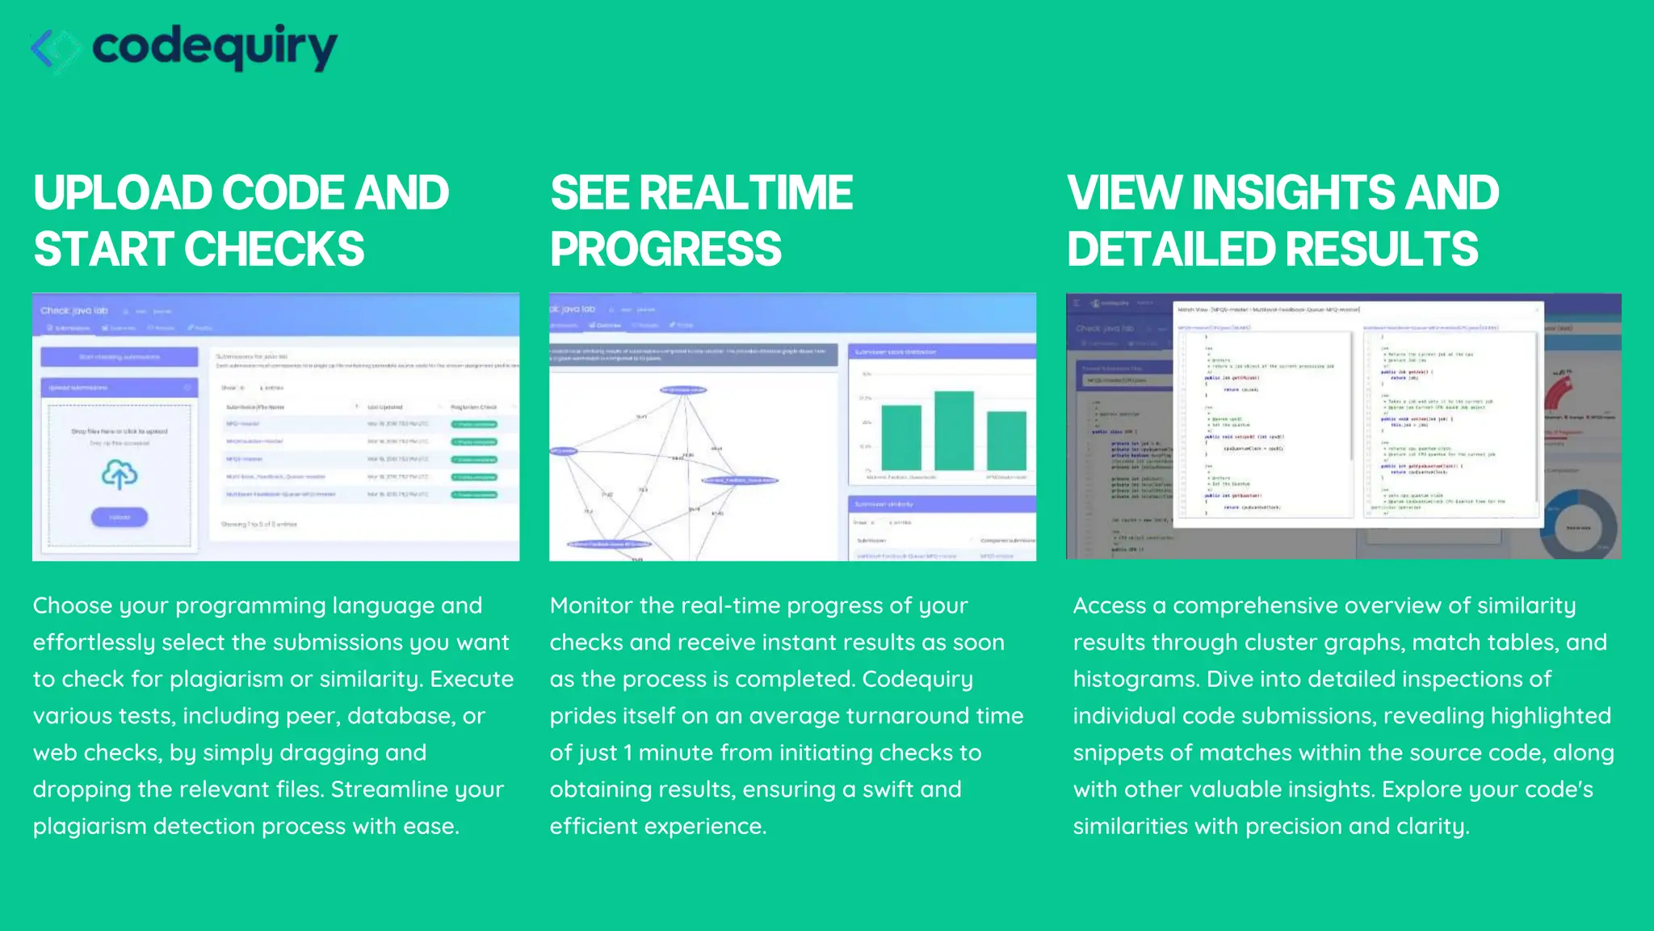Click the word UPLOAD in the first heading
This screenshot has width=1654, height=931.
coord(122,193)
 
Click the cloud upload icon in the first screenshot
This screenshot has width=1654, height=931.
coord(120,474)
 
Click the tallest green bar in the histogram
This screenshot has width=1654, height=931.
coord(954,431)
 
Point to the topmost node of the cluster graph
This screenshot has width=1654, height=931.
coord(683,390)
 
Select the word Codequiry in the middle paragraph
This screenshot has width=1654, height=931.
coord(917,679)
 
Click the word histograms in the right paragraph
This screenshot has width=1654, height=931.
coord(1136,679)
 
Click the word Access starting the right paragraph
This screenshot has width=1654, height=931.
coord(1109,605)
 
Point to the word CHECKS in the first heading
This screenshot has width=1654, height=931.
coord(275,249)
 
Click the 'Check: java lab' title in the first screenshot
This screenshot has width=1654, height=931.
coord(74,310)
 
